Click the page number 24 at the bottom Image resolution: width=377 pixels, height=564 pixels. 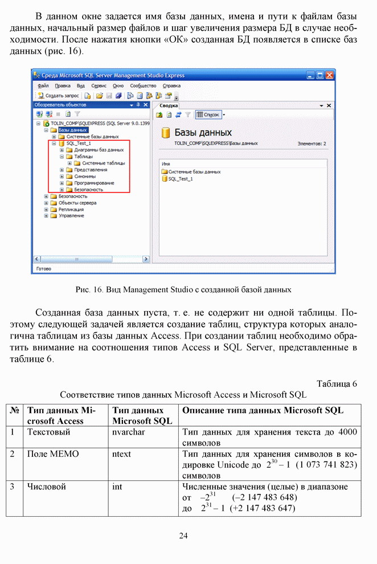[183, 536]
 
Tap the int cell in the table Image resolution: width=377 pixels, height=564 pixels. [117, 487]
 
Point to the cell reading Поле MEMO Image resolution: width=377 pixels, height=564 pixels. [53, 455]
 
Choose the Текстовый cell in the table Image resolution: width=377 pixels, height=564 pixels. [49, 432]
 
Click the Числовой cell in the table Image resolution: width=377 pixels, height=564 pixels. [47, 487]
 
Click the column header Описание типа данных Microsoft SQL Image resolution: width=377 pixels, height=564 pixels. [263, 410]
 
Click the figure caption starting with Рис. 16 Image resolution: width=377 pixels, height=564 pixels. [183, 289]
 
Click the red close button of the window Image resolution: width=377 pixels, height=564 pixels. [330, 75]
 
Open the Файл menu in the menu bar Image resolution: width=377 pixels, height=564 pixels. [43, 85]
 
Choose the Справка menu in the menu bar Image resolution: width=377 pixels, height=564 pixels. [171, 85]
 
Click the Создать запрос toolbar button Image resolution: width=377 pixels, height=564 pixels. [59, 96]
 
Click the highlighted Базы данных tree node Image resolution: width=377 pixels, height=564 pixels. [73, 130]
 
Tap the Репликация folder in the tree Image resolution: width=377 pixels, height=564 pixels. [71, 209]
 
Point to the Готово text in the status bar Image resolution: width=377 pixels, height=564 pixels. [43, 268]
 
